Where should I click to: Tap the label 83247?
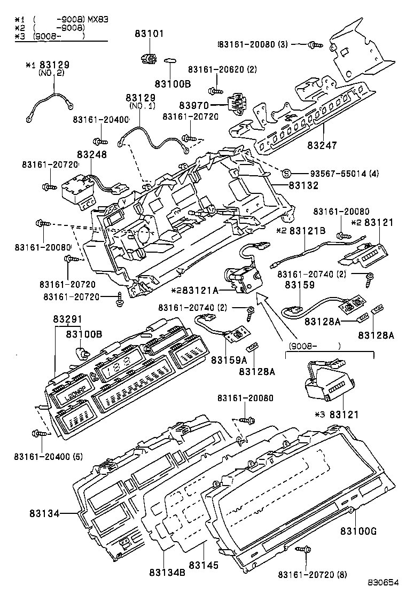pyautogui.click(x=323, y=145)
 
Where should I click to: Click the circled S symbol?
pyautogui.click(x=286, y=173)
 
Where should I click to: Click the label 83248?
pyautogui.click(x=92, y=154)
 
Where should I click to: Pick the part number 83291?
pyautogui.click(x=67, y=319)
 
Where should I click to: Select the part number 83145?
pyautogui.click(x=204, y=565)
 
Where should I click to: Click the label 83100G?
pyautogui.click(x=358, y=531)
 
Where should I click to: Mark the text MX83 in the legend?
pyautogui.click(x=98, y=19)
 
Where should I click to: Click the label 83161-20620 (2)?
pyautogui.click(x=222, y=69)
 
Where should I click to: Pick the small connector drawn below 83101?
pyautogui.click(x=149, y=58)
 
